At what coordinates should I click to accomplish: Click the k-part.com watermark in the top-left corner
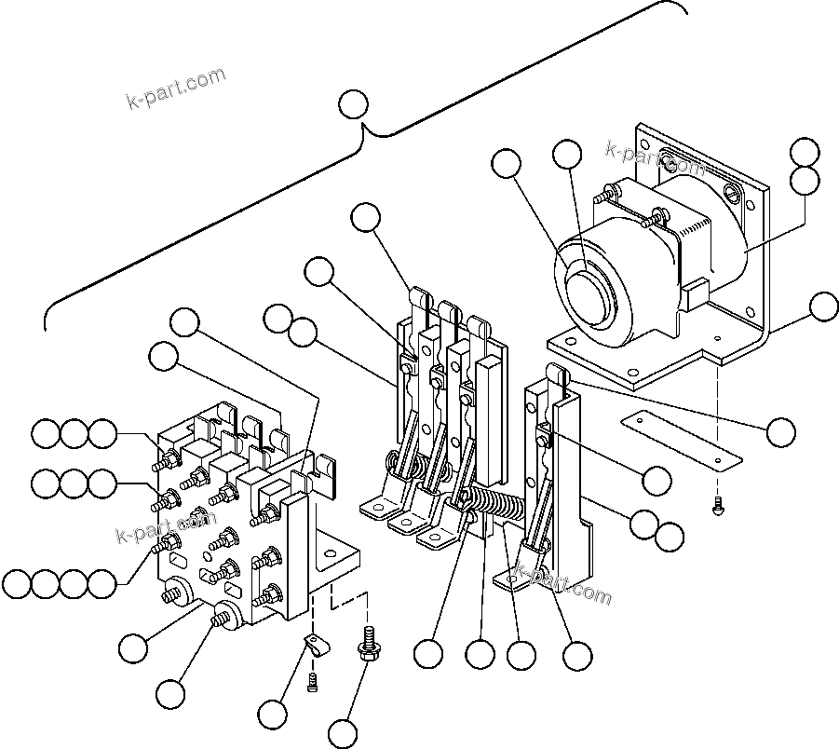click(x=175, y=88)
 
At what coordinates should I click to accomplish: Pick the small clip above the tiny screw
click(x=316, y=644)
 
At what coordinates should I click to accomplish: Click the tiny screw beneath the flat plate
click(x=718, y=509)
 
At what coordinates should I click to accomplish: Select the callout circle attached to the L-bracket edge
click(x=823, y=306)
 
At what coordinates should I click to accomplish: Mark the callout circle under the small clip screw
click(x=273, y=715)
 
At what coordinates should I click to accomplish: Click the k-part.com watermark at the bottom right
click(x=564, y=584)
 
